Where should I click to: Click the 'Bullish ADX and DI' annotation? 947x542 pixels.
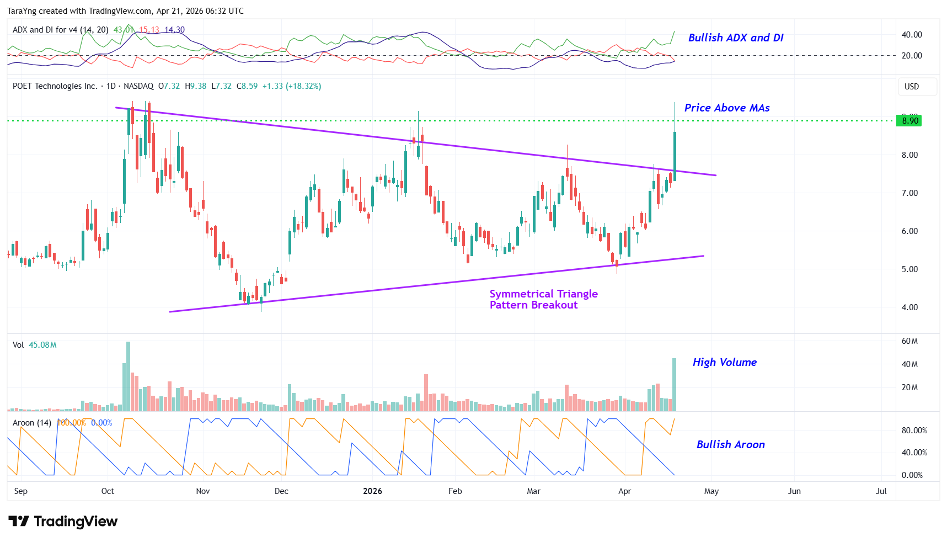[735, 38]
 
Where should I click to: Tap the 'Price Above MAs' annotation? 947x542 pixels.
[726, 108]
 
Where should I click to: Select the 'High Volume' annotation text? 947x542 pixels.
[724, 362]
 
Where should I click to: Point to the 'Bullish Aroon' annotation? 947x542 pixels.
[730, 444]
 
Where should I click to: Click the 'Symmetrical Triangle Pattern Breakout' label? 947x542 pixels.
[543, 299]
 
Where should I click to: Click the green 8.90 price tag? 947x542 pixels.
[909, 120]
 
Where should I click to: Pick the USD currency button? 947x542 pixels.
[912, 87]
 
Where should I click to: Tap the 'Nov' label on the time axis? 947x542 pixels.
[203, 491]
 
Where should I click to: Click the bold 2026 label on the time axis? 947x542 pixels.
[372, 491]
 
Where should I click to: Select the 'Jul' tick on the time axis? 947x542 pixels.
[881, 491]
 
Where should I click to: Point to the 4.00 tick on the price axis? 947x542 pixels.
[909, 307]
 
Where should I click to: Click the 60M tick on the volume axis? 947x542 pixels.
[909, 341]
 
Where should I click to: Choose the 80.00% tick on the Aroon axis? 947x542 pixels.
[914, 431]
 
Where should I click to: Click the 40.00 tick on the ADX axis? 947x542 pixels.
[912, 35]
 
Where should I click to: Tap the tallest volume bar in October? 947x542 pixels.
[129, 376]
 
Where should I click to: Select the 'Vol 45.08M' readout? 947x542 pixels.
[35, 345]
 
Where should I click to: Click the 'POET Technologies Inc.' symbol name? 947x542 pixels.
[55, 86]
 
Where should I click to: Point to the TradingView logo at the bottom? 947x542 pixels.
[63, 522]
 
